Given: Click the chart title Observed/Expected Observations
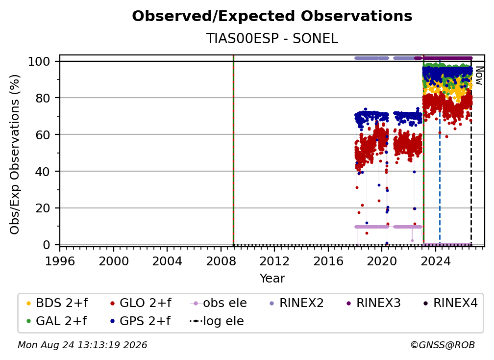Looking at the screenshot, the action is [x=272, y=16].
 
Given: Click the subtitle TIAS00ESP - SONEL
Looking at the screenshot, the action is [x=272, y=38].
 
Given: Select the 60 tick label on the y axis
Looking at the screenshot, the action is [x=43, y=134].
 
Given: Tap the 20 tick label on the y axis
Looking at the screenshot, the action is [x=43, y=208].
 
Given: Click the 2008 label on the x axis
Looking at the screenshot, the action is [x=221, y=261].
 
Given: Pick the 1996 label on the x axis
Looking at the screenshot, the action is [x=60, y=261].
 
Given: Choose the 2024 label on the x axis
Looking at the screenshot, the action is [x=435, y=261].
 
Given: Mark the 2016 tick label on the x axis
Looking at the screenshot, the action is [x=328, y=261].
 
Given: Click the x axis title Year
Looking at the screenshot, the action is [x=272, y=279].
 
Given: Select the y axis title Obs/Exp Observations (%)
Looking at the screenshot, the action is [x=15, y=154].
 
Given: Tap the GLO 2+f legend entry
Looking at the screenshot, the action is [x=141, y=303].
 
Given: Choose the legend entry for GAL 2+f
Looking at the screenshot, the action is [x=57, y=321].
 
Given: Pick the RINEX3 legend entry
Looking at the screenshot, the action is [x=373, y=303].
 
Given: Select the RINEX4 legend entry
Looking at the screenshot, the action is [x=450, y=303].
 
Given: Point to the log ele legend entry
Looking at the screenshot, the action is [x=217, y=321].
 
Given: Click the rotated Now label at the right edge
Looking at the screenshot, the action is [x=479, y=76].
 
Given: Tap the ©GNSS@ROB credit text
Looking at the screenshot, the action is [x=443, y=345].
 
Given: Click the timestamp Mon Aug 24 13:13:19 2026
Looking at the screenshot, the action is [x=82, y=345].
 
